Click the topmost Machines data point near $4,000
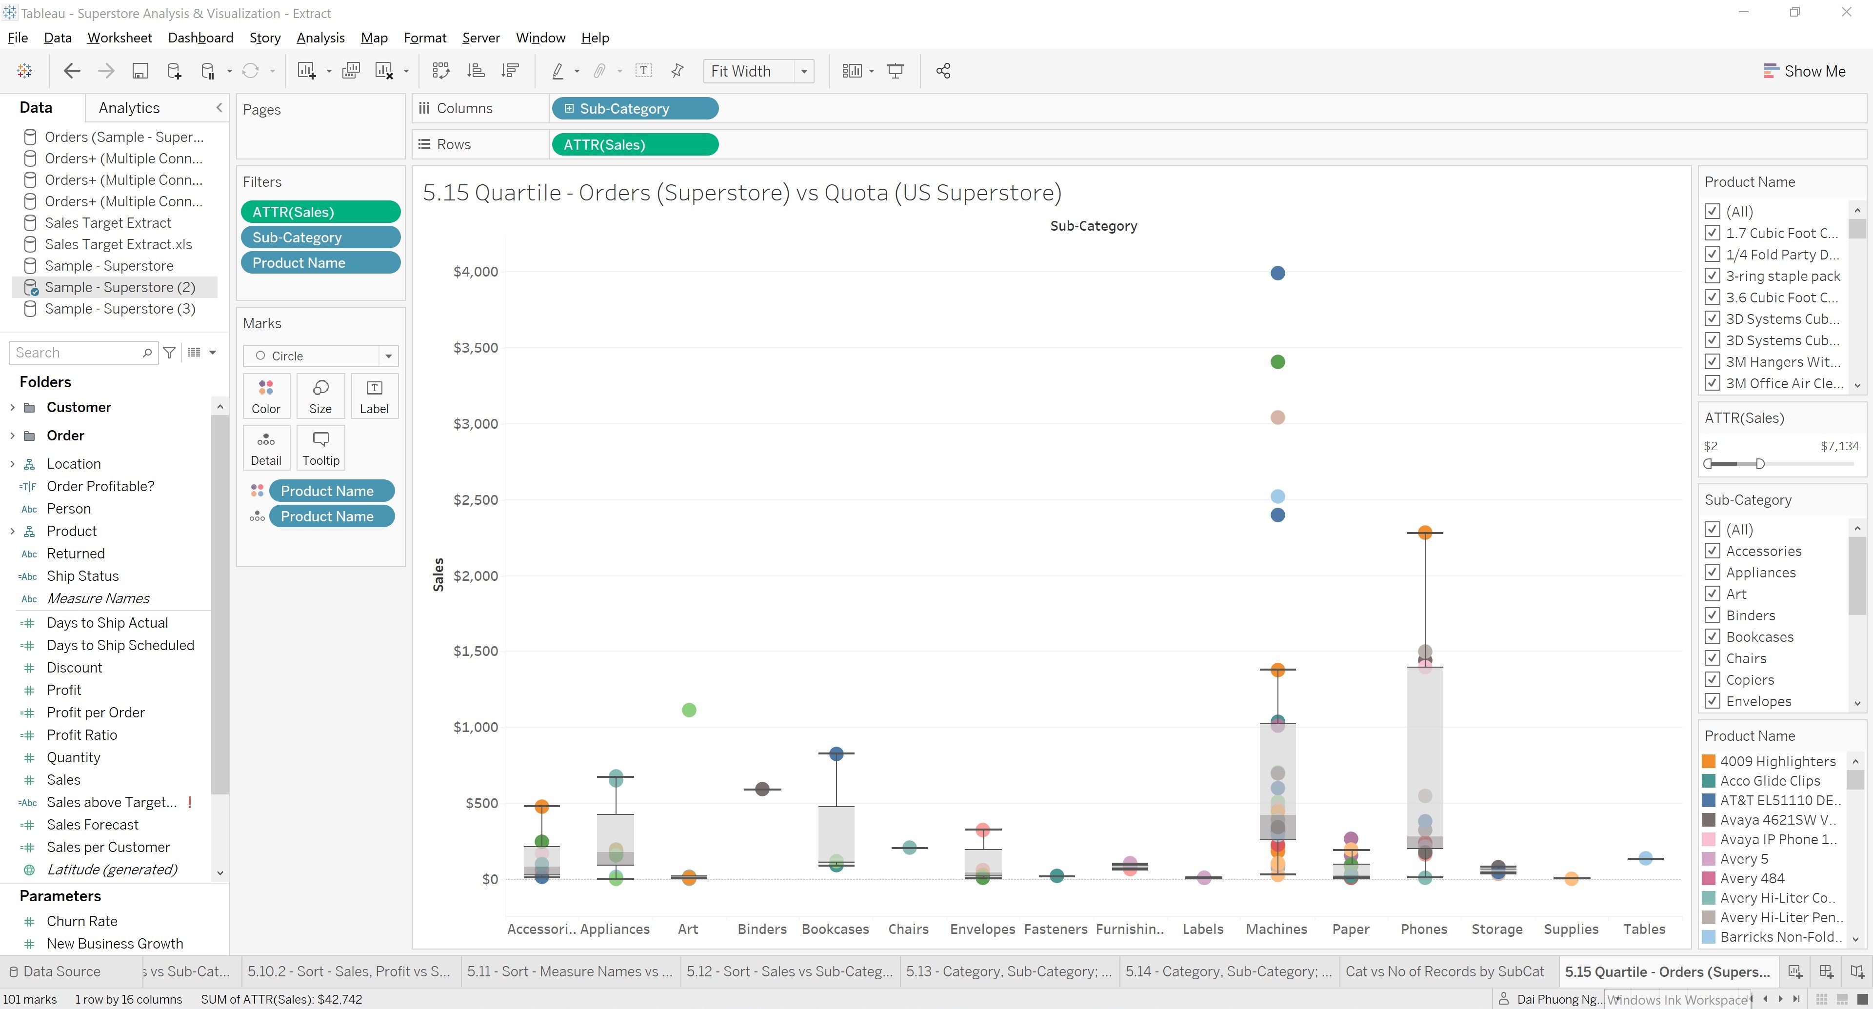pyautogui.click(x=1277, y=273)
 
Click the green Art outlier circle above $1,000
pyautogui.click(x=689, y=710)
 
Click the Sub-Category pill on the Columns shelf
pyautogui.click(x=635, y=108)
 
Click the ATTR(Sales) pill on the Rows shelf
pyautogui.click(x=635, y=145)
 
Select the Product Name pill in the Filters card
pyautogui.click(x=320, y=263)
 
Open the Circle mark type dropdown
pyautogui.click(x=388, y=356)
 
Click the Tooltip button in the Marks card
pyautogui.click(x=320, y=448)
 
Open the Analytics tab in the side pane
pyautogui.click(x=129, y=108)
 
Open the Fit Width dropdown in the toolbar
pyautogui.click(x=803, y=71)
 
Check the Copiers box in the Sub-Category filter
pyautogui.click(x=1713, y=680)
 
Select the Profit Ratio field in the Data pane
pyautogui.click(x=81, y=735)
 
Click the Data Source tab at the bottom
pyautogui.click(x=61, y=971)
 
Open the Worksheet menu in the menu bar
pyautogui.click(x=119, y=38)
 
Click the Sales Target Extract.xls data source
pyautogui.click(x=118, y=244)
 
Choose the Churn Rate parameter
pyautogui.click(x=81, y=921)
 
